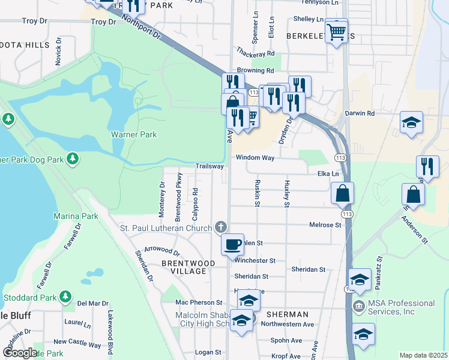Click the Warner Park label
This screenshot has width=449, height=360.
(x=133, y=135)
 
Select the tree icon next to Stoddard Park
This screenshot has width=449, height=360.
(x=66, y=297)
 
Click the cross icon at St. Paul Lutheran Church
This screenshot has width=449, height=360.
(x=221, y=227)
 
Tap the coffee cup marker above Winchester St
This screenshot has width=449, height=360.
(x=232, y=245)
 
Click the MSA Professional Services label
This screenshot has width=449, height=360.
(x=401, y=307)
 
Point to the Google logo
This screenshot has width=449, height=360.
(x=20, y=353)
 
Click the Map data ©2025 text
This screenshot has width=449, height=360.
(x=423, y=355)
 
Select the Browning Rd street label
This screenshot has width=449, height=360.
(x=255, y=70)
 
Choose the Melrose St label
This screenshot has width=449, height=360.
(x=325, y=225)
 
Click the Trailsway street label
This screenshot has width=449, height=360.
(x=209, y=166)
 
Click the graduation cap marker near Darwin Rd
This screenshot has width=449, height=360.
(x=412, y=123)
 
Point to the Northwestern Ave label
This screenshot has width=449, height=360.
(x=292, y=325)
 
